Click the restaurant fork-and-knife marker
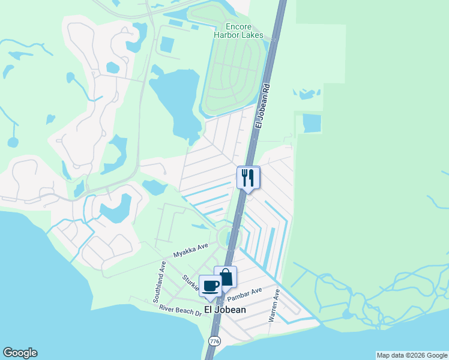[x=249, y=178]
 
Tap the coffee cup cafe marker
[x=210, y=286]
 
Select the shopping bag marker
[x=226, y=278]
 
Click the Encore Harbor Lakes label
[x=238, y=31]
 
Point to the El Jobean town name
[x=225, y=310]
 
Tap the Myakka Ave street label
[x=190, y=250]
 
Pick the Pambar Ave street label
[x=249, y=292]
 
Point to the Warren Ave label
[x=274, y=306]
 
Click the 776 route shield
[x=214, y=341]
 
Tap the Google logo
[x=20, y=353]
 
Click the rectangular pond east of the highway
[x=312, y=123]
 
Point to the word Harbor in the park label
[x=228, y=35]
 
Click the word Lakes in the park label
[x=253, y=35]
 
